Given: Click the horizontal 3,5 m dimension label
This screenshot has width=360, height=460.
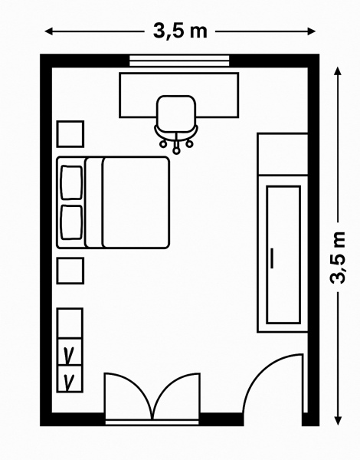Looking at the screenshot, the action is click(x=180, y=31).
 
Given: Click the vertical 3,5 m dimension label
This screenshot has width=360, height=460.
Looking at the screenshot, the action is click(x=338, y=258).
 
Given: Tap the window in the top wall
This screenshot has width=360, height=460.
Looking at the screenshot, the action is click(x=179, y=61).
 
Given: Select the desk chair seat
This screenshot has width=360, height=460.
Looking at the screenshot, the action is click(x=176, y=111).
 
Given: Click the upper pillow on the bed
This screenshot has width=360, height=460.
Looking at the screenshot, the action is click(x=71, y=182).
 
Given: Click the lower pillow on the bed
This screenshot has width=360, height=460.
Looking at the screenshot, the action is click(x=71, y=222).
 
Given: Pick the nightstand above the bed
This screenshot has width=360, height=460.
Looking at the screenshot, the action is click(x=70, y=134).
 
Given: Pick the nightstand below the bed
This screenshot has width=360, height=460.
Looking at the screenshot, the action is click(x=70, y=271).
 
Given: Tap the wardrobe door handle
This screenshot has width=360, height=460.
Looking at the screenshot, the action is click(x=273, y=258).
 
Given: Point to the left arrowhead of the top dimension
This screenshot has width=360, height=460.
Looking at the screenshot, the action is click(x=49, y=31).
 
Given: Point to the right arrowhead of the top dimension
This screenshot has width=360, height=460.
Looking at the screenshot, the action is click(x=311, y=31).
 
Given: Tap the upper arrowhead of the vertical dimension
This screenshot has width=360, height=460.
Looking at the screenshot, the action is click(x=338, y=71).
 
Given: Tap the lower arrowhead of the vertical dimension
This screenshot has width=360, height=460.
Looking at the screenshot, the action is click(x=338, y=421).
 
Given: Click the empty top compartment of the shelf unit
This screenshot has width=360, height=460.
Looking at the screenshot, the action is click(x=70, y=324).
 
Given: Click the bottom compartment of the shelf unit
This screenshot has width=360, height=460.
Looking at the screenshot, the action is click(x=70, y=379).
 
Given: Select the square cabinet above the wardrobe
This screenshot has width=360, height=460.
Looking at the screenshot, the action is click(x=283, y=154).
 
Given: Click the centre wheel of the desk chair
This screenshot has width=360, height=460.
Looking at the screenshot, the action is click(x=176, y=151).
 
